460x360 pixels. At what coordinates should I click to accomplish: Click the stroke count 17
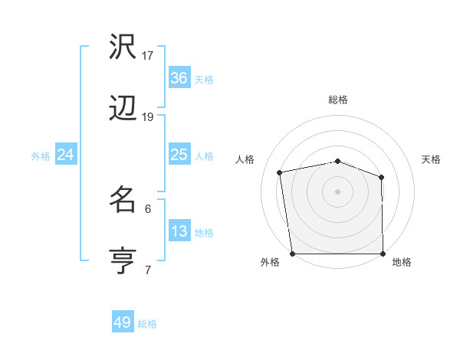(x=148, y=55)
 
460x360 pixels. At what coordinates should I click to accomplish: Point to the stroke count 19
(x=148, y=117)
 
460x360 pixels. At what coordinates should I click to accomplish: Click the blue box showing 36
(x=179, y=77)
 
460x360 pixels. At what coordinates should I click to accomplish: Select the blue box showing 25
(x=179, y=155)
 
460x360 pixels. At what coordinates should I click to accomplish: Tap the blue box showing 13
(x=179, y=231)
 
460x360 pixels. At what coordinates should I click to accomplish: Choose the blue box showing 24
(x=66, y=155)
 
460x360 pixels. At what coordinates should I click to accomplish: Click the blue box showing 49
(x=123, y=322)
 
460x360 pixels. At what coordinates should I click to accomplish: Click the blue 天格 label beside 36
(x=204, y=79)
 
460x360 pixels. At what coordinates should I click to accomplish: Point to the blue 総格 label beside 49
(x=147, y=324)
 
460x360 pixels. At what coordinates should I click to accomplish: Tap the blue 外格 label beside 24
(x=41, y=156)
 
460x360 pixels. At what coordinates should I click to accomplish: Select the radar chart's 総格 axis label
(x=338, y=100)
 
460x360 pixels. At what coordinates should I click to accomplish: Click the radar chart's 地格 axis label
(x=402, y=263)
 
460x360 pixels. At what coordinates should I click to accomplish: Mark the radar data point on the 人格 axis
(x=280, y=172)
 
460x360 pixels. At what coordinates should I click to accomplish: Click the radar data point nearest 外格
(x=292, y=254)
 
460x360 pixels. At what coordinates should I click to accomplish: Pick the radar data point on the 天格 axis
(x=382, y=177)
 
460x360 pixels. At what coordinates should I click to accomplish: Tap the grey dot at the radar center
(x=337, y=191)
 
